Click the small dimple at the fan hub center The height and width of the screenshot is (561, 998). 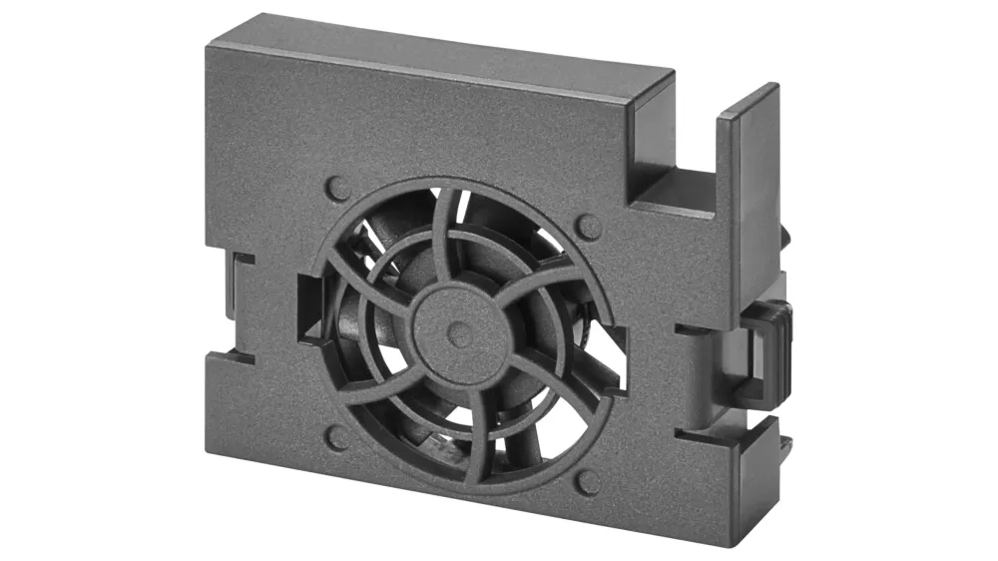(x=459, y=334)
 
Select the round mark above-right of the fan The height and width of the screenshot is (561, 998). (x=589, y=227)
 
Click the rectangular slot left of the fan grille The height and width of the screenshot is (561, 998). (x=308, y=309)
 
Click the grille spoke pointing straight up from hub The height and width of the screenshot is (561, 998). (x=454, y=240)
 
